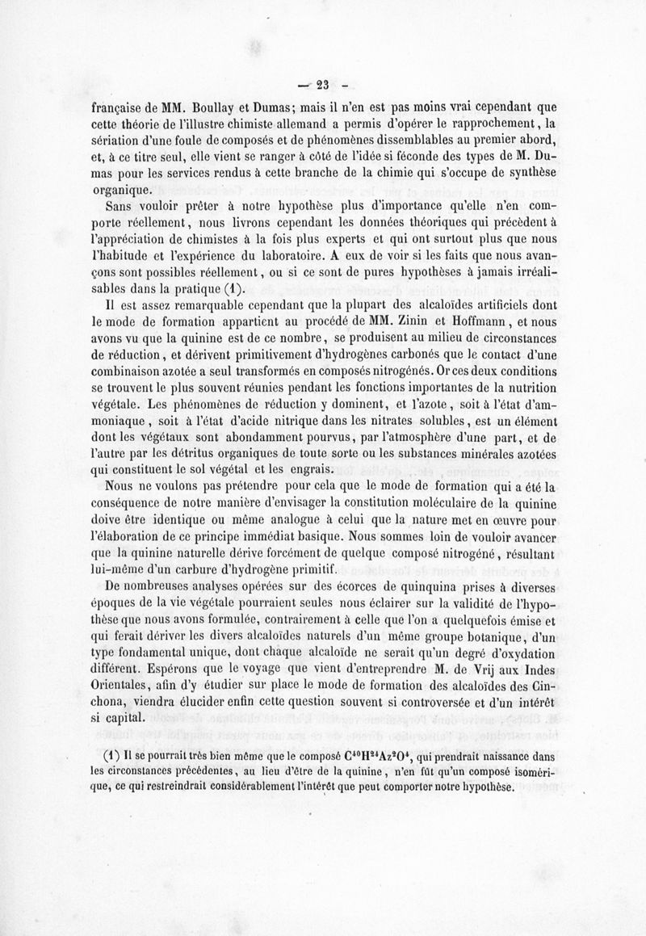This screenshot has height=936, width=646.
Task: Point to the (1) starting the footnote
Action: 113,757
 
